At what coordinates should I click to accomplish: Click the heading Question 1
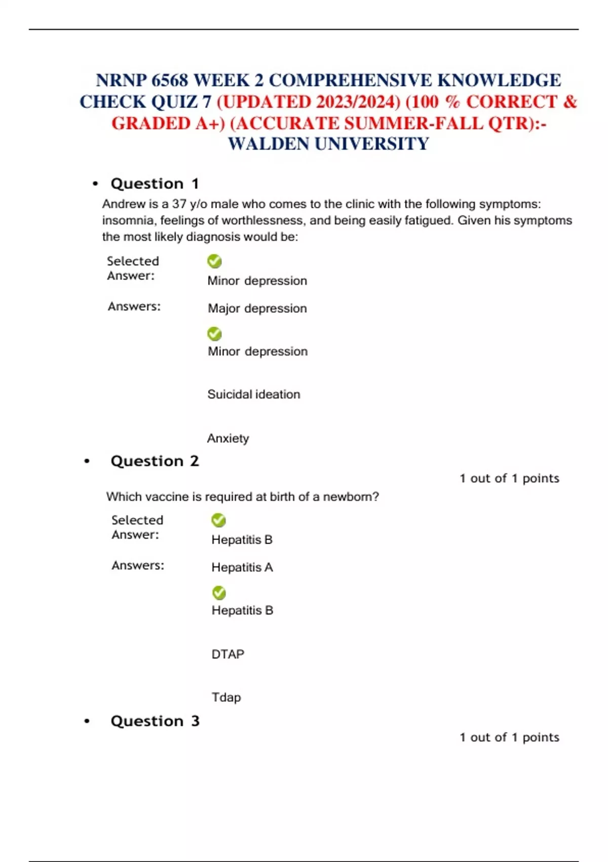pos(155,184)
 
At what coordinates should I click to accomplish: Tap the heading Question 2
pos(155,461)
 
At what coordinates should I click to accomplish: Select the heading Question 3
pos(155,721)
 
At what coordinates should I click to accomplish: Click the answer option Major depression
pos(257,308)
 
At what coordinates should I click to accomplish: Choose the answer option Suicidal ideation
pos(253,394)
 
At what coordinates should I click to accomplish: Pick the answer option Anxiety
pos(228,438)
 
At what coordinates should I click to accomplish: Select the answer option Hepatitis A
pos(242,567)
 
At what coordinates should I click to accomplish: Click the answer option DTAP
pos(227,654)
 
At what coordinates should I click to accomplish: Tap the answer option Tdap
pos(226,697)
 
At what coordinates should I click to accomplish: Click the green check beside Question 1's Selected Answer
pos(214,261)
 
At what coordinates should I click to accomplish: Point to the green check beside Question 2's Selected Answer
pos(218,520)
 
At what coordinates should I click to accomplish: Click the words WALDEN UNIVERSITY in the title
pos(328,144)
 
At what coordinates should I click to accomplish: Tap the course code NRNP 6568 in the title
pos(142,80)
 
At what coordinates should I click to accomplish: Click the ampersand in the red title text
pos(570,101)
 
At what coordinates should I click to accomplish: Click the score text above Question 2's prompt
pos(509,478)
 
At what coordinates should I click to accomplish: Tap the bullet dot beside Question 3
pos(87,721)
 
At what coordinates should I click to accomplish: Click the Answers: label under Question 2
pos(138,565)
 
